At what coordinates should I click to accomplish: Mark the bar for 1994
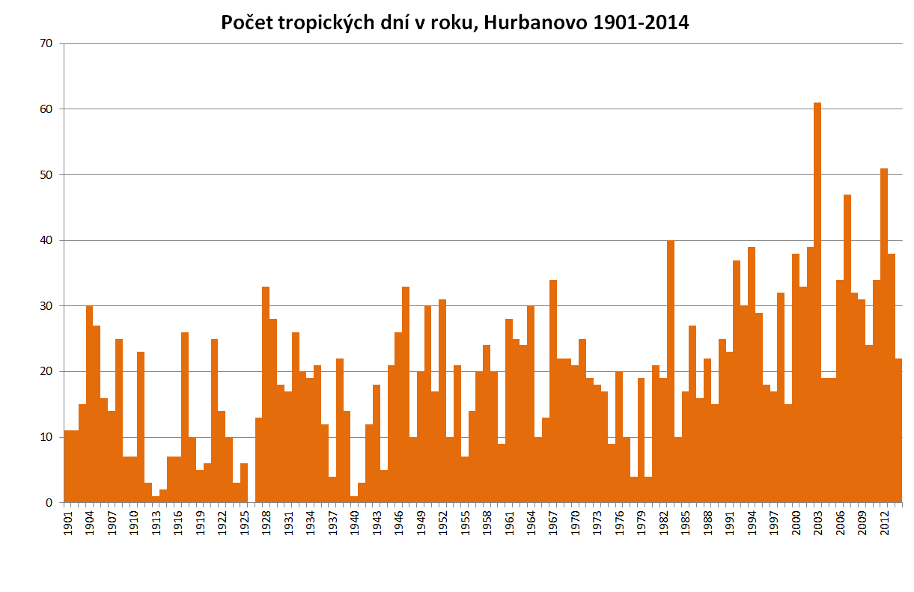(752, 374)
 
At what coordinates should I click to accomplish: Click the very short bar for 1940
(354, 499)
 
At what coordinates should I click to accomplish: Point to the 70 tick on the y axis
(46, 43)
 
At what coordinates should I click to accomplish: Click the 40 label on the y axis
(46, 240)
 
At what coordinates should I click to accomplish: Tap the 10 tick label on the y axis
(46, 437)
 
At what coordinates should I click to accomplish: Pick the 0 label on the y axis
(49, 503)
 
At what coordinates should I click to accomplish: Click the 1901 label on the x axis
(67, 522)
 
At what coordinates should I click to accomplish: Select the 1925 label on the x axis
(244, 522)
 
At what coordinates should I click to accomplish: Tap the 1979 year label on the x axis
(642, 522)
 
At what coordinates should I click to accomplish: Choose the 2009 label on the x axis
(862, 522)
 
